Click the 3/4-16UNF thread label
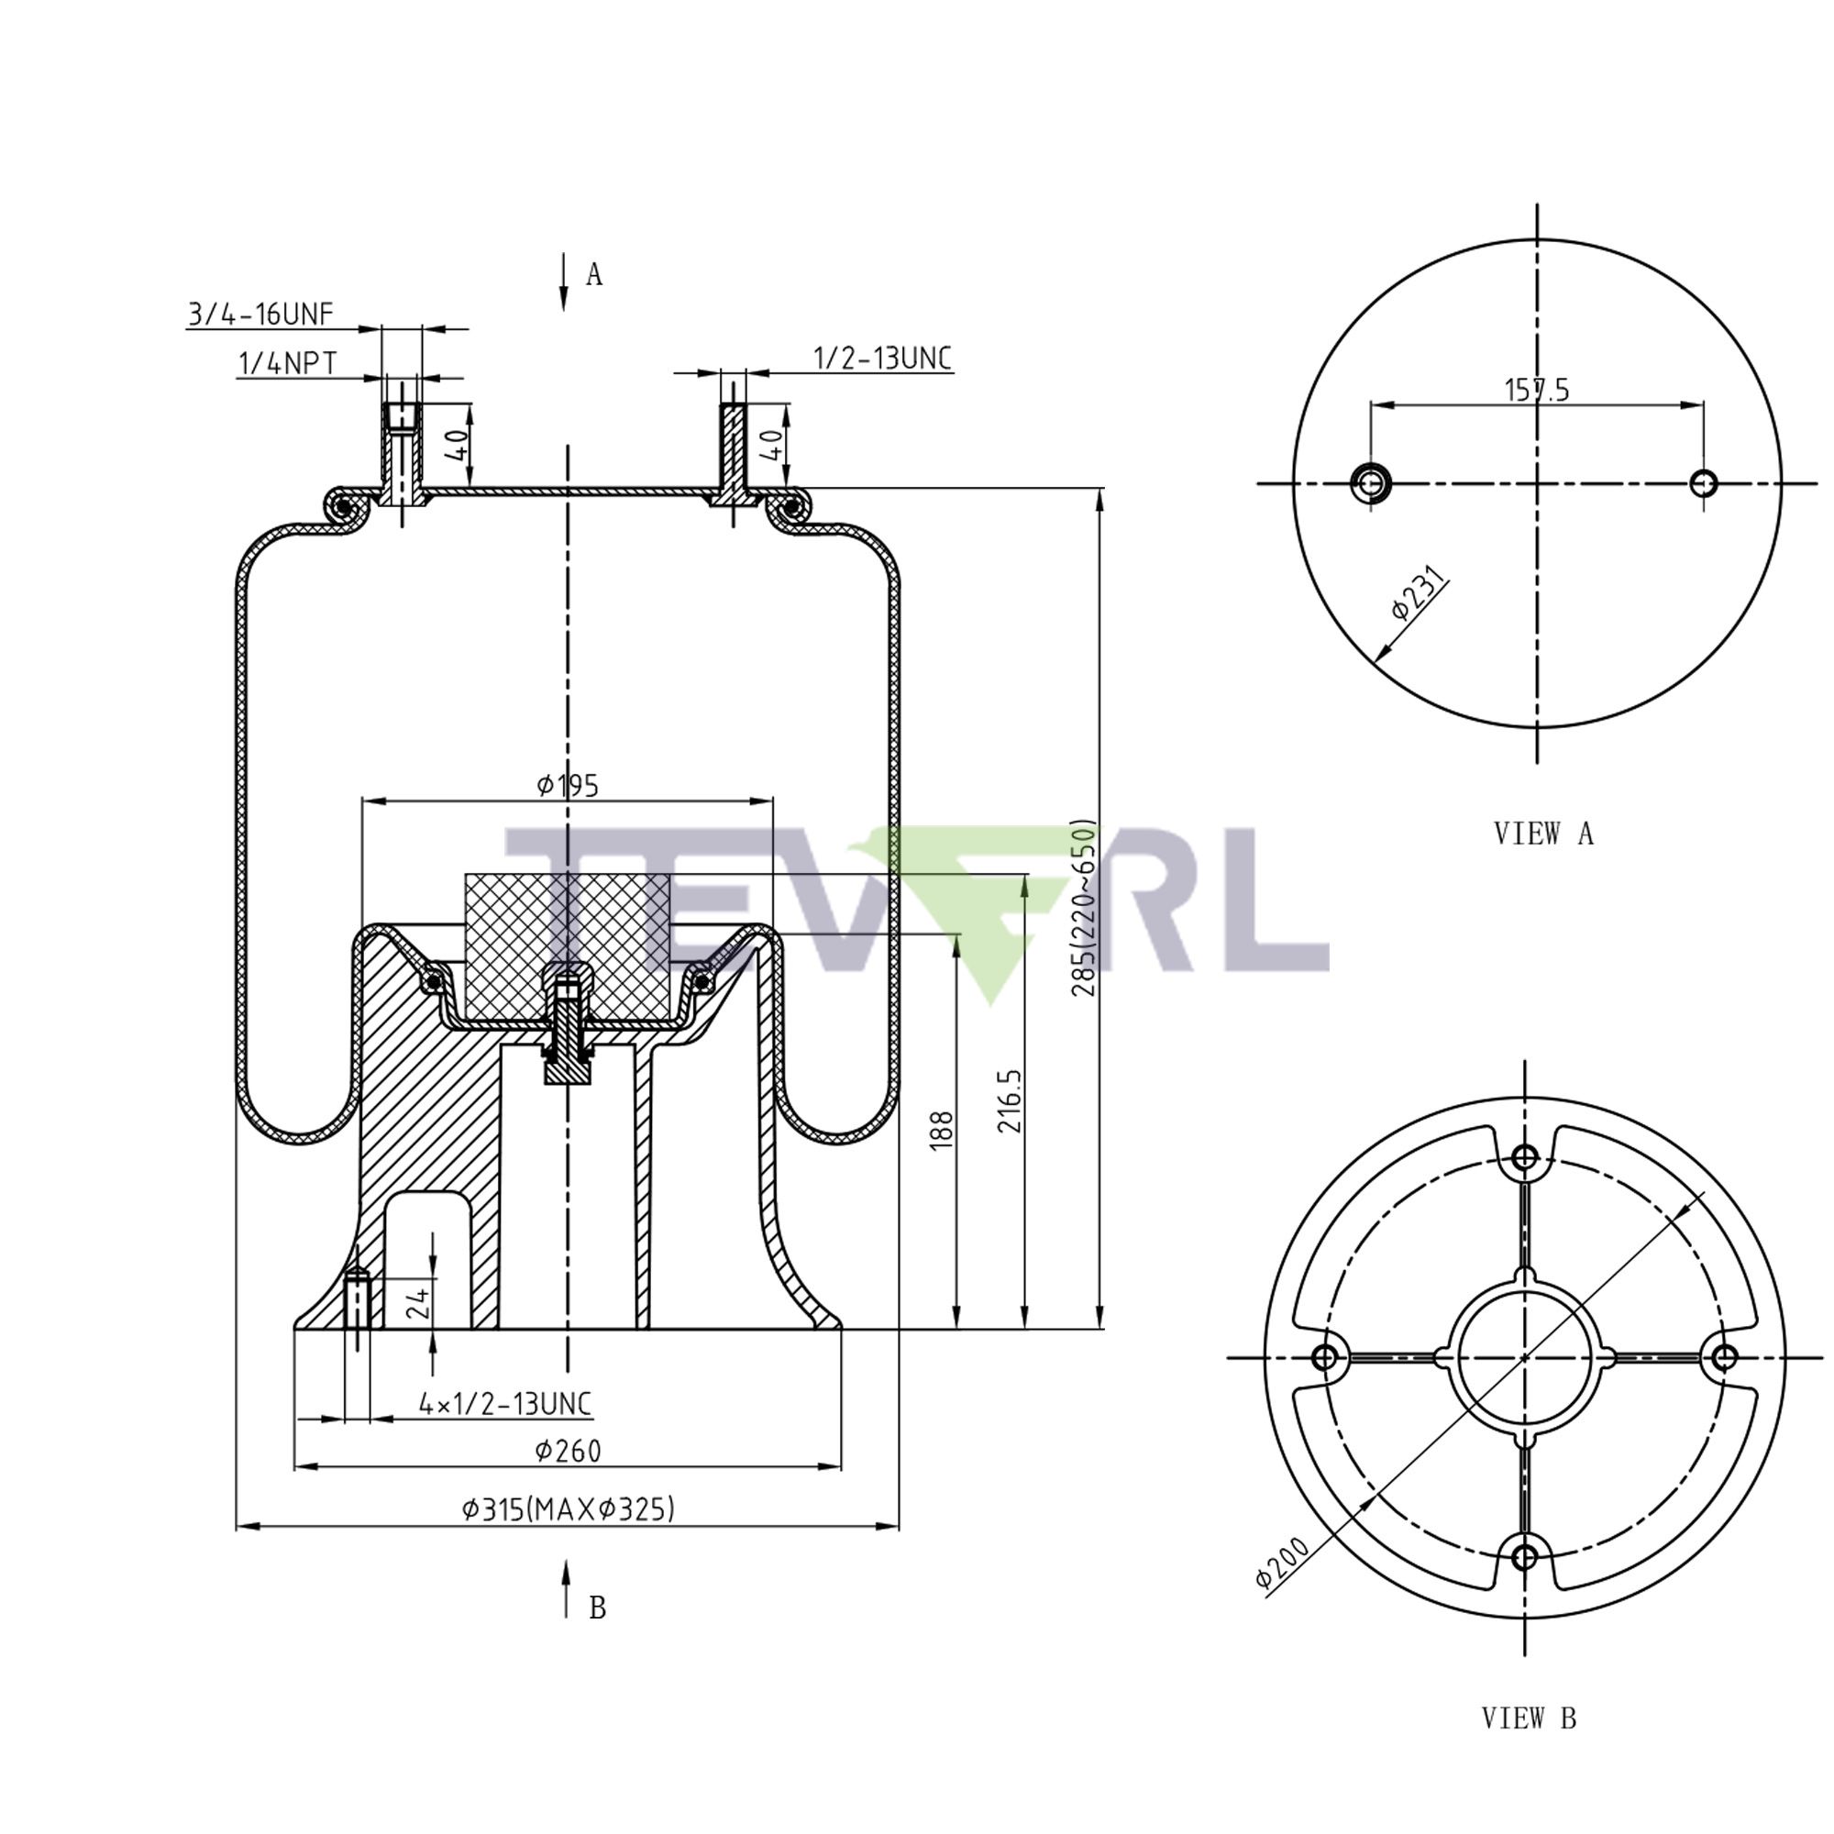tap(260, 315)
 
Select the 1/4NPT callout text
tap(287, 362)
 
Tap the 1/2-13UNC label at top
tap(882, 358)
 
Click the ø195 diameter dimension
tap(568, 785)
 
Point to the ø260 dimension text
tap(568, 1450)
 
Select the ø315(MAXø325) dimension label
tap(568, 1508)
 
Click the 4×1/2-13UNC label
tap(505, 1403)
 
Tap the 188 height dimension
tap(941, 1131)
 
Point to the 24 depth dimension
tap(417, 1302)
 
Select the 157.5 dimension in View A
tap(1537, 389)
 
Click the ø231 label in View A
tap(1419, 593)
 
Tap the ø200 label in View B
tap(1282, 1563)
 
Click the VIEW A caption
tap(1543, 834)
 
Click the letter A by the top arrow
tap(594, 274)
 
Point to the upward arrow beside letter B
tap(566, 1587)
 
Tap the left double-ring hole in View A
tap(1369, 483)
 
